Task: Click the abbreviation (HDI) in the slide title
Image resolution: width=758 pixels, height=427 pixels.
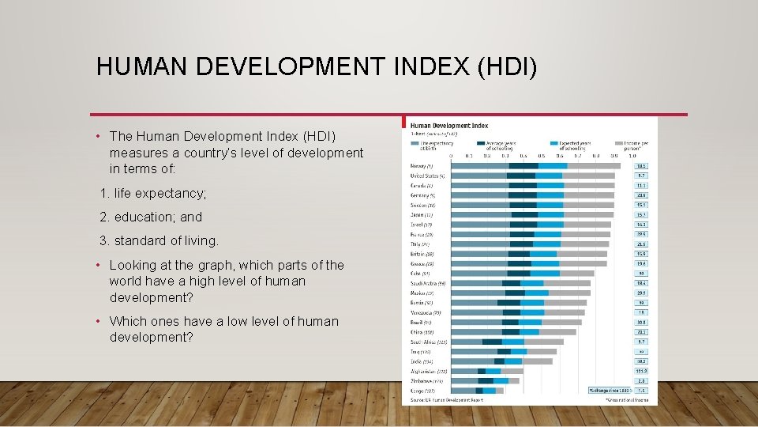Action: [x=505, y=66]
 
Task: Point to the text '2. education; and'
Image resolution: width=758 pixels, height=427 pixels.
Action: [x=151, y=217]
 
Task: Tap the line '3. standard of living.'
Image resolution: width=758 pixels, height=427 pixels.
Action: [x=159, y=240]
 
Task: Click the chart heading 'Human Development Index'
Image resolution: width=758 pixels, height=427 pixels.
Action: [x=449, y=126]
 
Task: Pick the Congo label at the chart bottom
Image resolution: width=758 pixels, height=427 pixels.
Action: [x=423, y=390]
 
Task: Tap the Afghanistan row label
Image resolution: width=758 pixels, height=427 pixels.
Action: [x=429, y=370]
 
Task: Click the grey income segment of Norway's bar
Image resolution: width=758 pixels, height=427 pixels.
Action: [x=593, y=165]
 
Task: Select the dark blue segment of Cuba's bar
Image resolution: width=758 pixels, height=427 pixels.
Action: [x=519, y=273]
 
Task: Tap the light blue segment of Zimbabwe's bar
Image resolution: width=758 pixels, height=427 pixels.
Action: [x=501, y=380]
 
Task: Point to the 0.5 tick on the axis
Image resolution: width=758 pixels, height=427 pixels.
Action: [x=542, y=156]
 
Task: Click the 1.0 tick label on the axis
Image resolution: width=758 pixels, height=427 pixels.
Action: [x=632, y=156]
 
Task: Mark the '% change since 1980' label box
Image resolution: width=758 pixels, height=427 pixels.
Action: [x=610, y=390]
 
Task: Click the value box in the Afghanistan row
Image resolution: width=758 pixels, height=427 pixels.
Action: [x=641, y=370]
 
